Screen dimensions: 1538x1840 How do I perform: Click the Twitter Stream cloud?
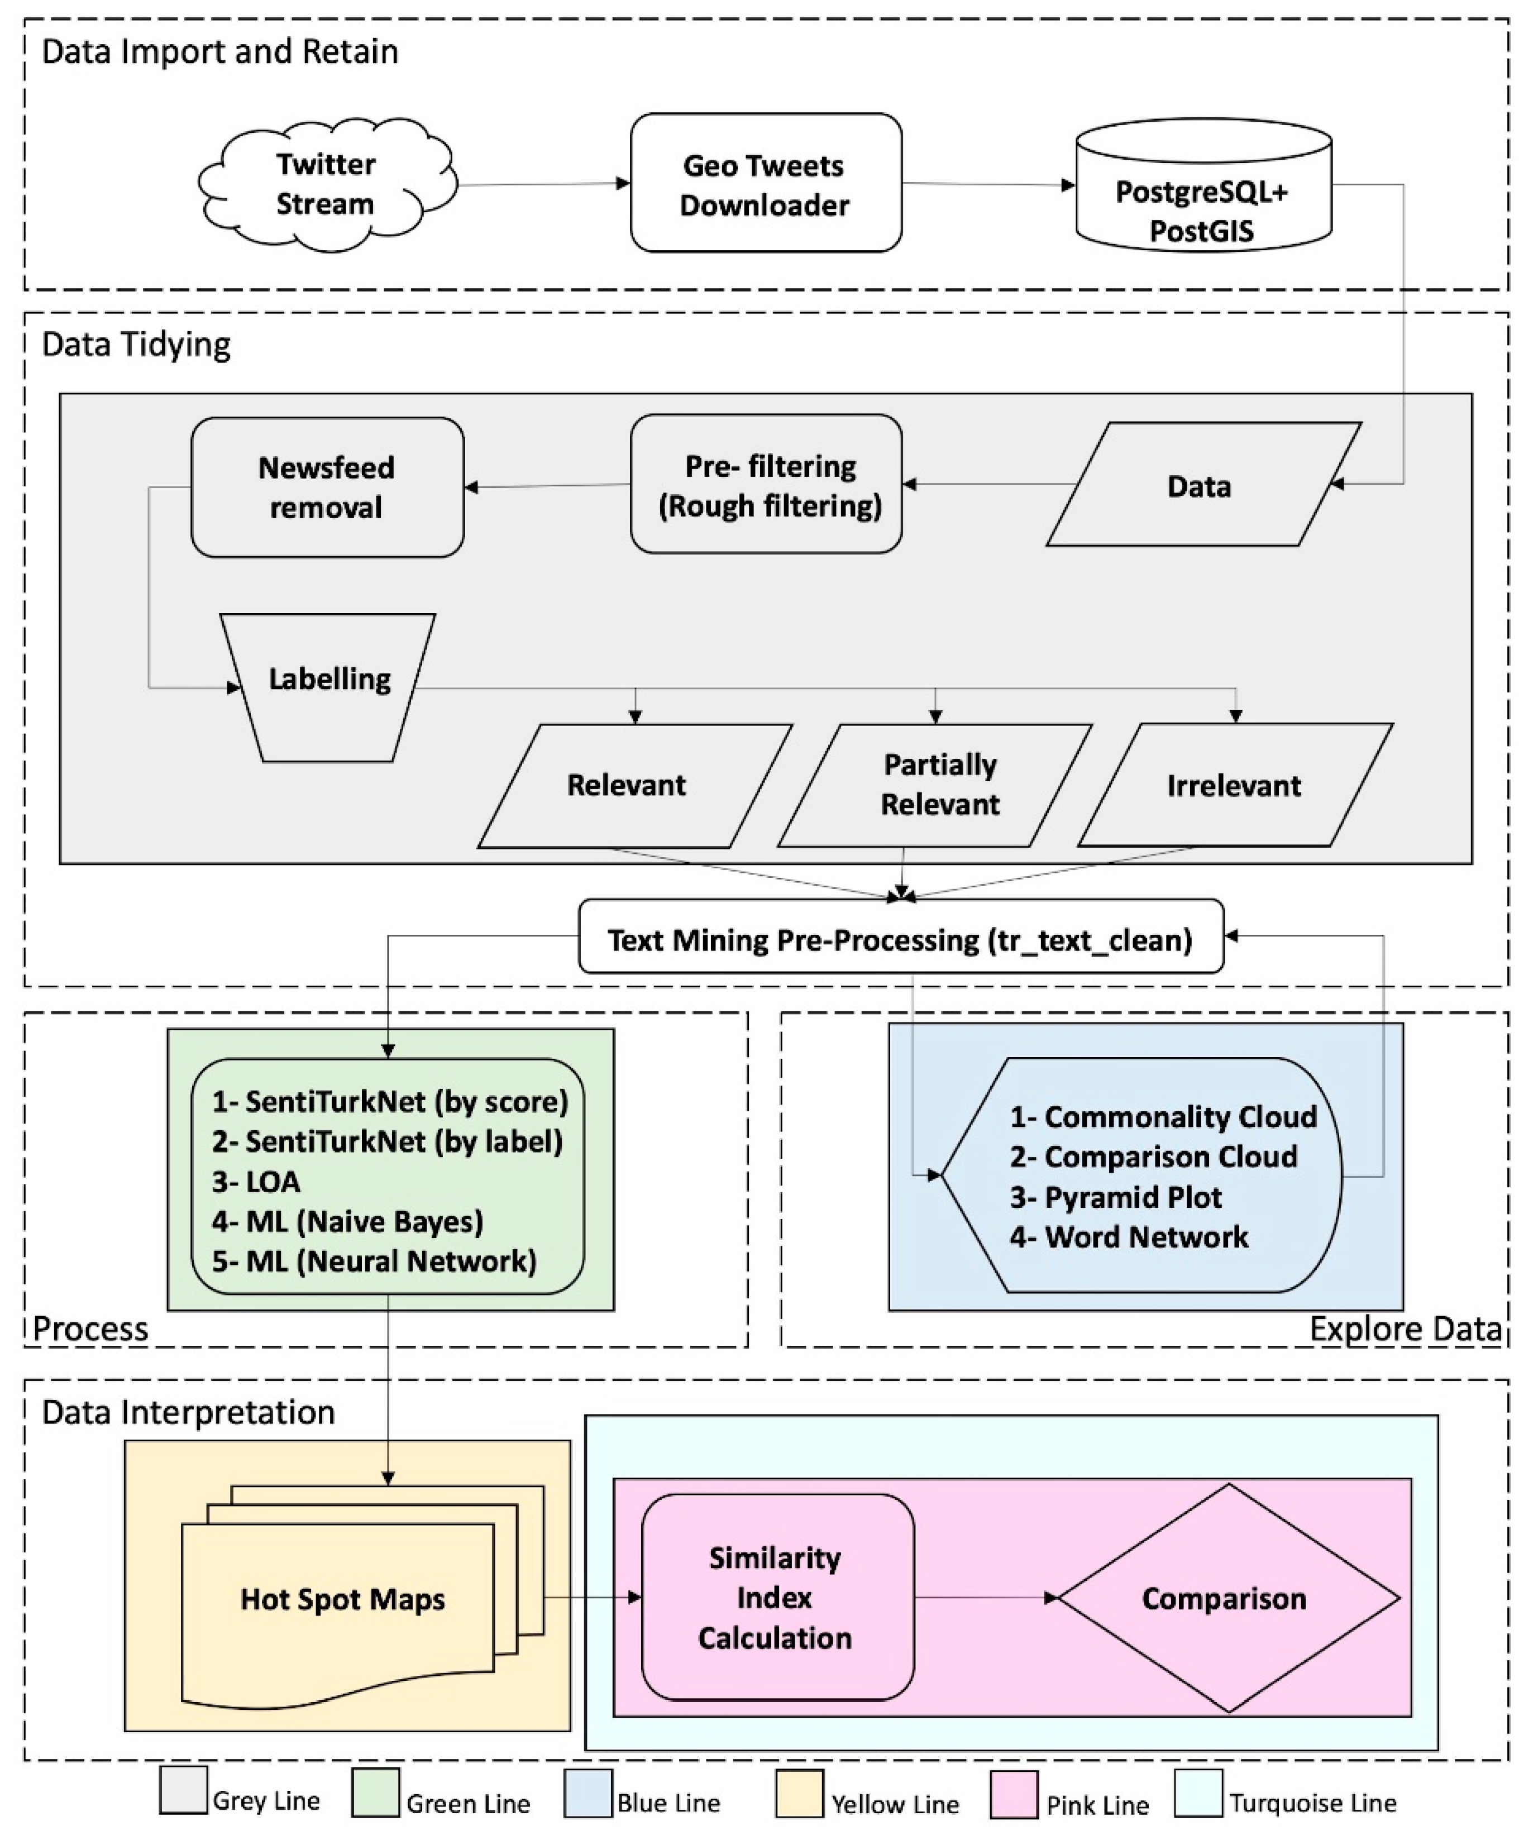click(x=327, y=184)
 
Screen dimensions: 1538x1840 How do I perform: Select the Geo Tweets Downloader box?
click(x=766, y=183)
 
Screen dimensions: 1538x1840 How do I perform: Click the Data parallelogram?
click(x=1203, y=485)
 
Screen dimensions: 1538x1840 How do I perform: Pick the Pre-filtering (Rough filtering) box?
click(x=766, y=484)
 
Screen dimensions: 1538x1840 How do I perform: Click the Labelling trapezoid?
click(x=328, y=688)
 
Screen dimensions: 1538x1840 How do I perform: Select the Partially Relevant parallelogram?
click(x=935, y=785)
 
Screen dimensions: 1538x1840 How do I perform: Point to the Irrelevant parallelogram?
click(x=1235, y=785)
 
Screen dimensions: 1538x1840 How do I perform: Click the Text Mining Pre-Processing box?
click(x=901, y=936)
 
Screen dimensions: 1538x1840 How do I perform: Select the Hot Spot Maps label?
click(x=343, y=1599)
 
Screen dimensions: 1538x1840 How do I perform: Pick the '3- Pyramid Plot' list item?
click(x=1116, y=1197)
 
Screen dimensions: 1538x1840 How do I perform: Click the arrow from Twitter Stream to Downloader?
click(x=544, y=184)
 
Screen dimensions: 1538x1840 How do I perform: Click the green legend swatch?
click(x=375, y=1793)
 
